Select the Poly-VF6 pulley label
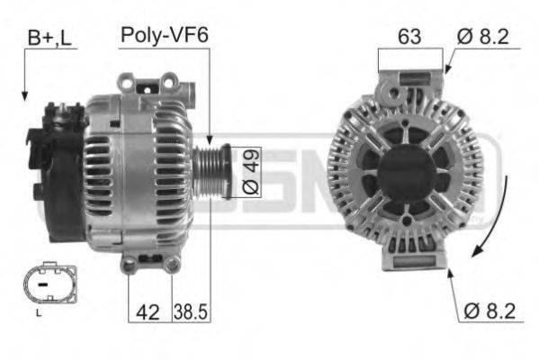[164, 35]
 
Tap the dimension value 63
[410, 37]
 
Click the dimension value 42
[148, 311]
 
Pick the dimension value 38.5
[191, 311]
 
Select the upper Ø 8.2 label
[482, 37]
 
